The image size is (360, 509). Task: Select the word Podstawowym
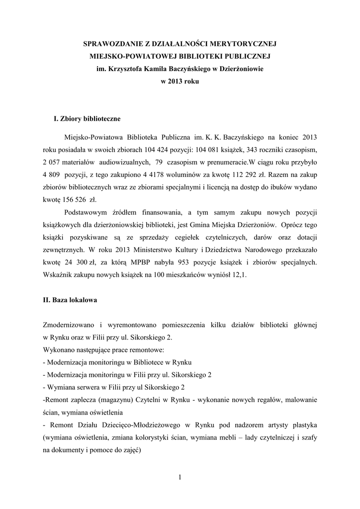click(x=86, y=212)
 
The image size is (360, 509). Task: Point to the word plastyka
click(x=303, y=425)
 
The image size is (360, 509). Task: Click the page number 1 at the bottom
click(x=180, y=477)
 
